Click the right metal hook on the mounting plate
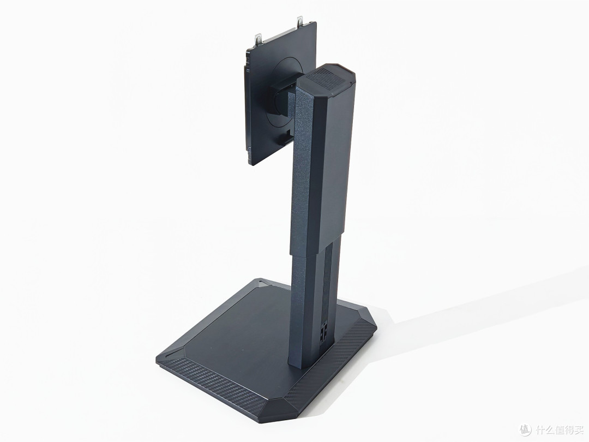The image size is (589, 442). (299, 21)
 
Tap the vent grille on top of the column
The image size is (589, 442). (328, 81)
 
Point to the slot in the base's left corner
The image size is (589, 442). (171, 354)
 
